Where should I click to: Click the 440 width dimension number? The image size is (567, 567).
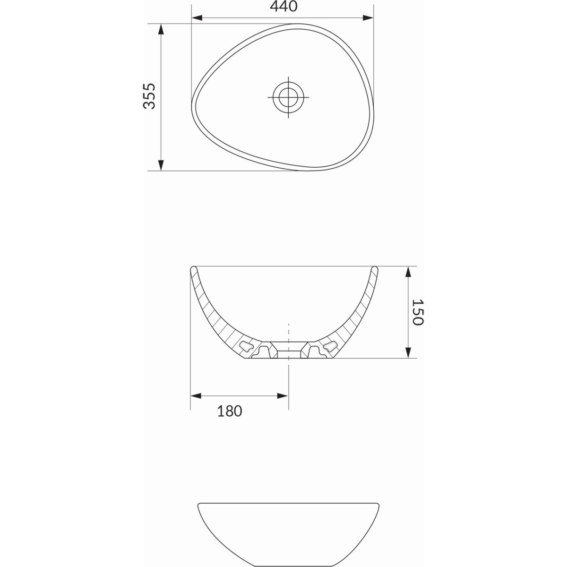[283, 7]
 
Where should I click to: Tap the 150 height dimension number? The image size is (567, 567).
[417, 312]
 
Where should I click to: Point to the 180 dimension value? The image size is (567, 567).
[230, 411]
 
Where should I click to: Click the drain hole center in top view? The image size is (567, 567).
[288, 97]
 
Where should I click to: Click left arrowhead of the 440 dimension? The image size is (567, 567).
[197, 17]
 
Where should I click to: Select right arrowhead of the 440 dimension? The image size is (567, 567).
[368, 17]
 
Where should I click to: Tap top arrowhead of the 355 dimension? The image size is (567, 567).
[161, 29]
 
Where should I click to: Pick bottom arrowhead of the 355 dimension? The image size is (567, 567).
[161, 165]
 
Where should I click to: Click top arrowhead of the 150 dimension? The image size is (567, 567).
[408, 272]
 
